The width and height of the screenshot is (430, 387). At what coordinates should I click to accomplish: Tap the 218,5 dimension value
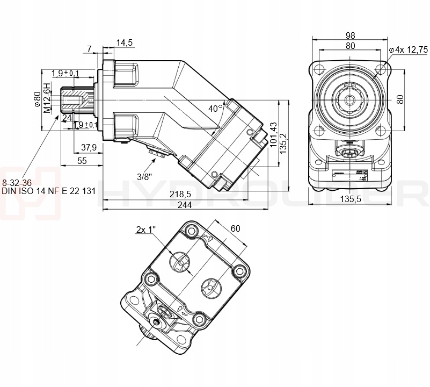180,193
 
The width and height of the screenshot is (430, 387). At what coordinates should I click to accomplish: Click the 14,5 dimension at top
125,42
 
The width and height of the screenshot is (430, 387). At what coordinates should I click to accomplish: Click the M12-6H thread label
47,97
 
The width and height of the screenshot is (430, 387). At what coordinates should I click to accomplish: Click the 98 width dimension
350,35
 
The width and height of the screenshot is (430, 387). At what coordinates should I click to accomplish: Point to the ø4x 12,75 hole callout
408,49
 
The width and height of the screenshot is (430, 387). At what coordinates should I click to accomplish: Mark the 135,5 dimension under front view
350,199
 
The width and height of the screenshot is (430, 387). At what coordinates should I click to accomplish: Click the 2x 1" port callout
145,230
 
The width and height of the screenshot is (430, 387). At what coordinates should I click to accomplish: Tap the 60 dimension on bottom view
235,228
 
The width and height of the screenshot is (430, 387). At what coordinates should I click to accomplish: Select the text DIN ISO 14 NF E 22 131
49,190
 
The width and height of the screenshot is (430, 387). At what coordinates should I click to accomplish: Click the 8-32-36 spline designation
18,182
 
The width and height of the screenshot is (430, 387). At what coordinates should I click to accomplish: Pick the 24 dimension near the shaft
67,117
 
